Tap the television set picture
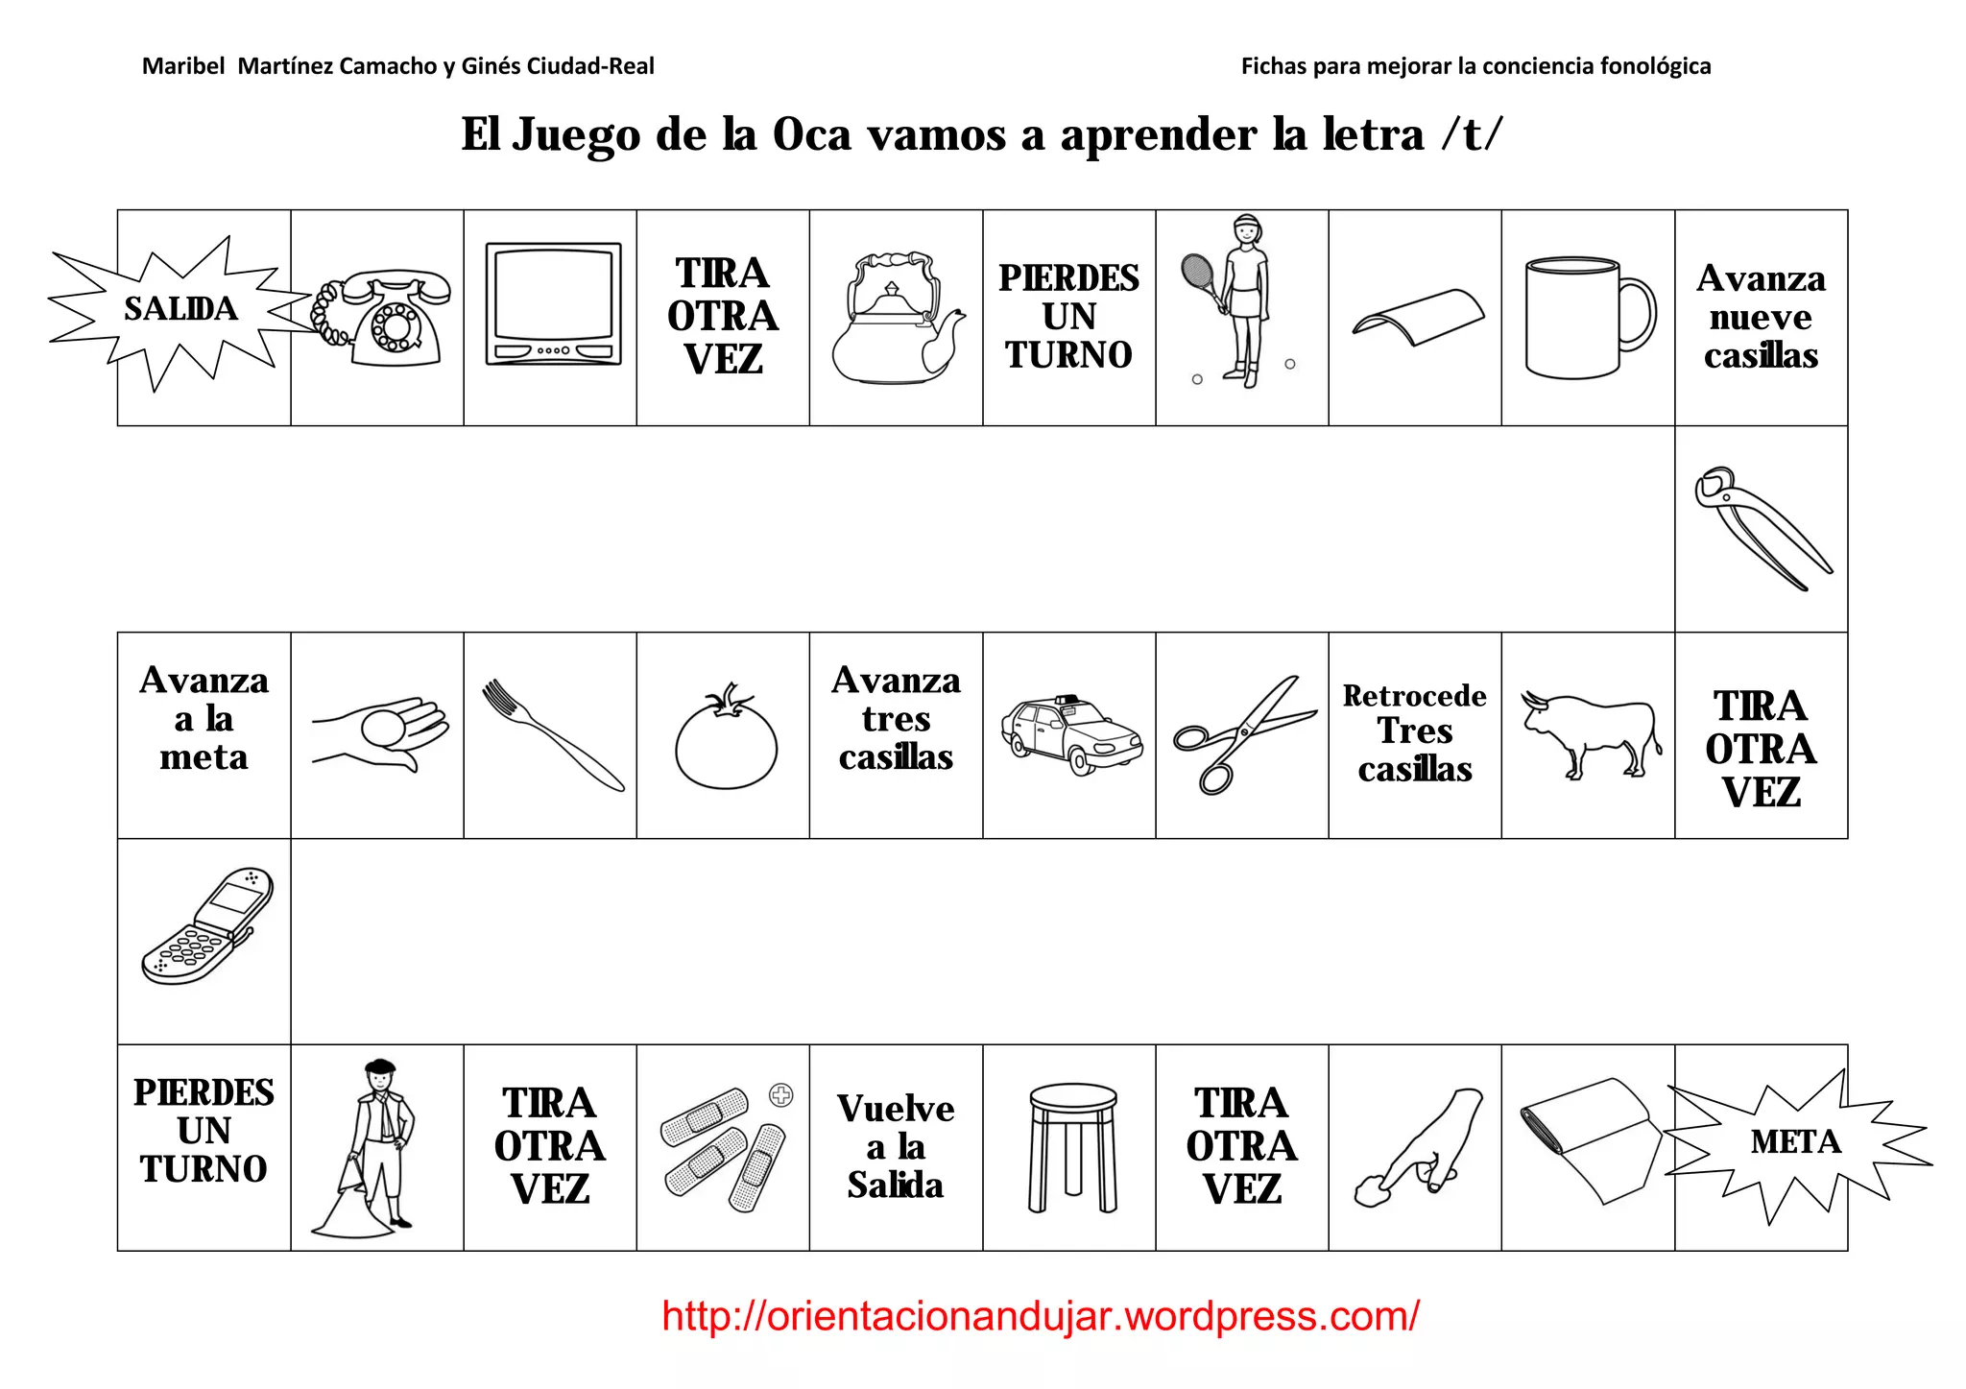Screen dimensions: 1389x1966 point(553,304)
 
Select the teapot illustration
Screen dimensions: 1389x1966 point(895,322)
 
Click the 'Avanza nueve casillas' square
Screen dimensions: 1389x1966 point(1761,317)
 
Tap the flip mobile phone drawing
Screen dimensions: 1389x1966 point(206,927)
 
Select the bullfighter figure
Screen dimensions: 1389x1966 point(374,1146)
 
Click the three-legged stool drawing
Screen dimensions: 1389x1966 point(1072,1146)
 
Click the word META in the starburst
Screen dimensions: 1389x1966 point(1795,1142)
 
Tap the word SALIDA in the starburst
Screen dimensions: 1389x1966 point(180,309)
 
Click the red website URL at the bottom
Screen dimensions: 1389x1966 point(1040,1316)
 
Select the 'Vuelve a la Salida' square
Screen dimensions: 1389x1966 point(895,1147)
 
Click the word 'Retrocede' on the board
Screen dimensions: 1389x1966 point(1414,696)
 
